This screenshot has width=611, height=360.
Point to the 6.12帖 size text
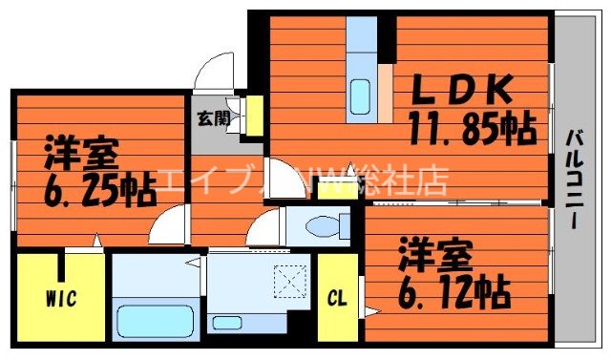tap(447, 286)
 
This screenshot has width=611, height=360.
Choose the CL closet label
tap(337, 297)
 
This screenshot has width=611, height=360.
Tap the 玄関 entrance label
tap(213, 119)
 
